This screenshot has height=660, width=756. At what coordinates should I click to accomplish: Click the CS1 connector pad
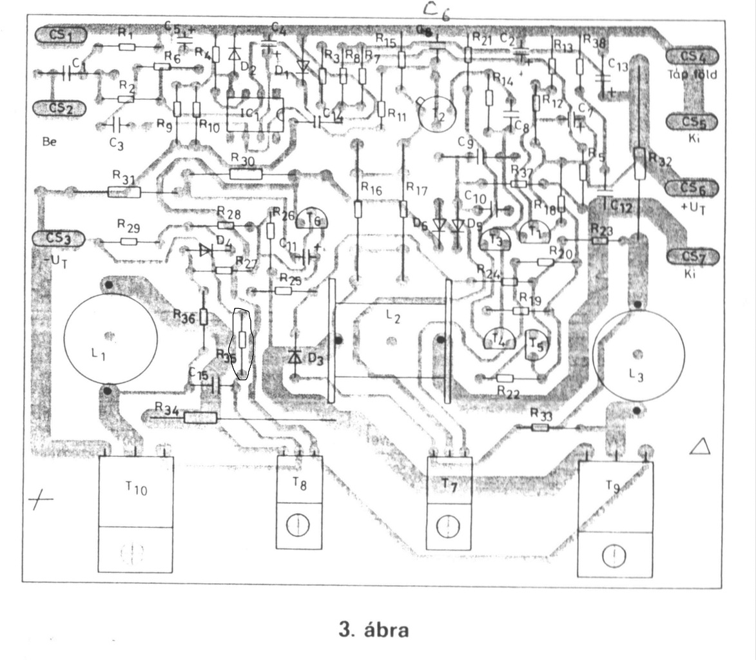(x=62, y=34)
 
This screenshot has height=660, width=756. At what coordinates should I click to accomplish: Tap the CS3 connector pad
(x=59, y=238)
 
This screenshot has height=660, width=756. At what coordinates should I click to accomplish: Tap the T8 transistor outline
(x=299, y=502)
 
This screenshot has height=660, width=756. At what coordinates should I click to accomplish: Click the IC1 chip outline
(x=256, y=115)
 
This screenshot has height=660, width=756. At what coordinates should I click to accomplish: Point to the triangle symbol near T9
(x=699, y=446)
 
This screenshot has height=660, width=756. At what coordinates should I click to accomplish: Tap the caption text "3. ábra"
(x=374, y=629)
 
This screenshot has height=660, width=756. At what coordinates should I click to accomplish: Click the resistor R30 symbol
(x=246, y=173)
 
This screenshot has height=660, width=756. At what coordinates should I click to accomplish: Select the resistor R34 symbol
(x=200, y=418)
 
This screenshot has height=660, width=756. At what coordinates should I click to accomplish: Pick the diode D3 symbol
(x=295, y=356)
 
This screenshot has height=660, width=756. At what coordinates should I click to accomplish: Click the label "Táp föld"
(x=692, y=74)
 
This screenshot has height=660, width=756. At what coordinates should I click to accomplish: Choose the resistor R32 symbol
(x=639, y=164)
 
